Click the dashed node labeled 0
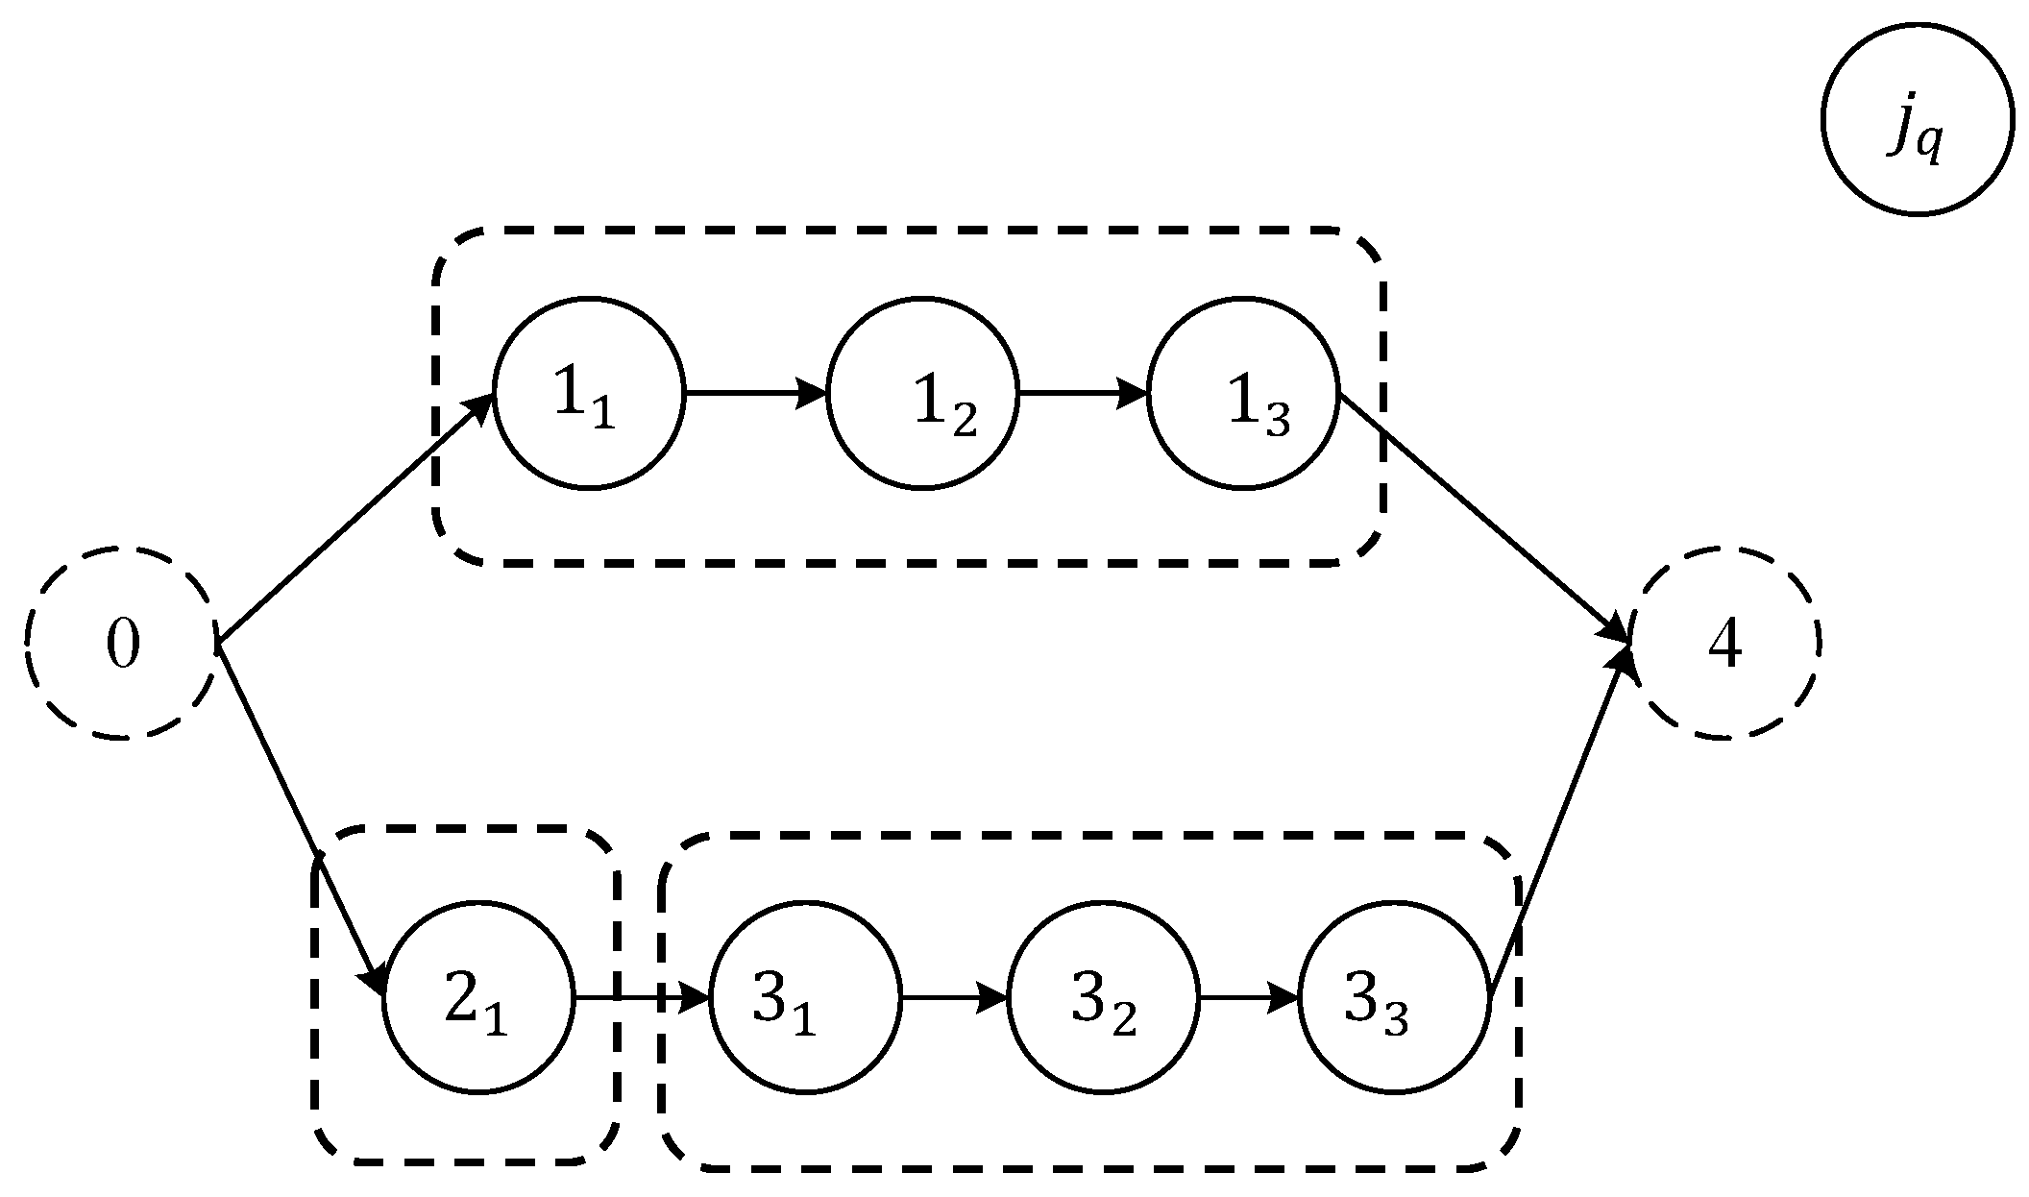coord(121,643)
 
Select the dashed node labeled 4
coord(1723,643)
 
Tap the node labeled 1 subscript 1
coord(589,393)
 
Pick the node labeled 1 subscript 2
coord(922,393)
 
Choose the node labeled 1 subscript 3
coord(1243,393)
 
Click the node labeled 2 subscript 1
coord(478,998)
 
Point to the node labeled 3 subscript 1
coord(805,998)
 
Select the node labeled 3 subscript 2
coord(1103,998)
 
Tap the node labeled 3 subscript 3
coord(1394,998)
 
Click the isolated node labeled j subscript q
coord(1917,117)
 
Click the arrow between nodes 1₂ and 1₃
coord(1083,393)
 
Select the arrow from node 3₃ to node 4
coord(1560,821)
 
